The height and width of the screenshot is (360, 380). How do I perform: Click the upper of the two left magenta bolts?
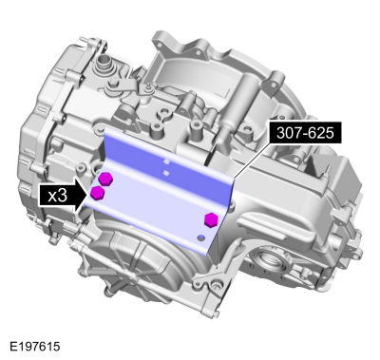[x=106, y=179]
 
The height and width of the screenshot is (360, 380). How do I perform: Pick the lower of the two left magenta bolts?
[x=98, y=194]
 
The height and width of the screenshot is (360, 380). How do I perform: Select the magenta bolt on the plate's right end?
[x=211, y=220]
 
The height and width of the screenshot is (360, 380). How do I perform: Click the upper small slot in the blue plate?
[x=165, y=162]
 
